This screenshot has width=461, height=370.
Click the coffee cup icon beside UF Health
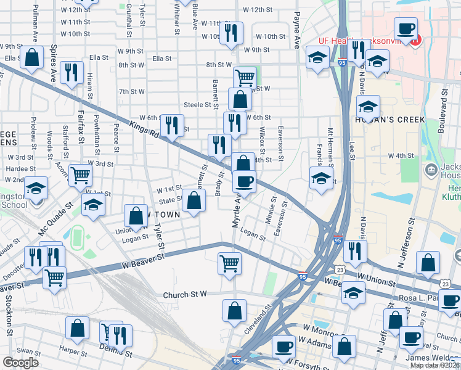point(406,29)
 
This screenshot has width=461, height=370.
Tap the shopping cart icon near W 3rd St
point(80,176)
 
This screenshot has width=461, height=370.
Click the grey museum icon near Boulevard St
point(431,169)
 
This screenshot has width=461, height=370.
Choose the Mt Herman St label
point(330,148)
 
